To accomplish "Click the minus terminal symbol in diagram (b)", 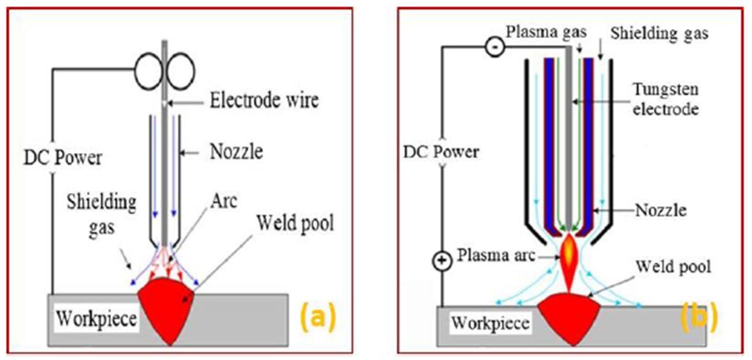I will (x=495, y=47).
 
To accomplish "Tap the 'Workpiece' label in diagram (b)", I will (x=490, y=323).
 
